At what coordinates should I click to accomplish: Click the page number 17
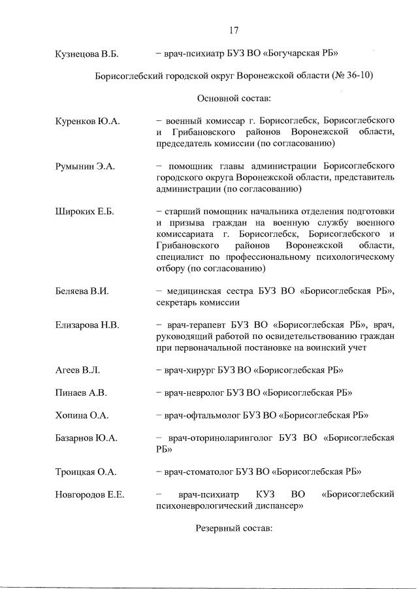233,29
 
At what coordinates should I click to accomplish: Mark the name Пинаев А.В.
80,392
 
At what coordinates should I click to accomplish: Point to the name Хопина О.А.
82,415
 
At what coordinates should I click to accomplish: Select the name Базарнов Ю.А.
86,438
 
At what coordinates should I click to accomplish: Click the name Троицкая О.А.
85,471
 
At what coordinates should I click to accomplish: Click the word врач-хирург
190,370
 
